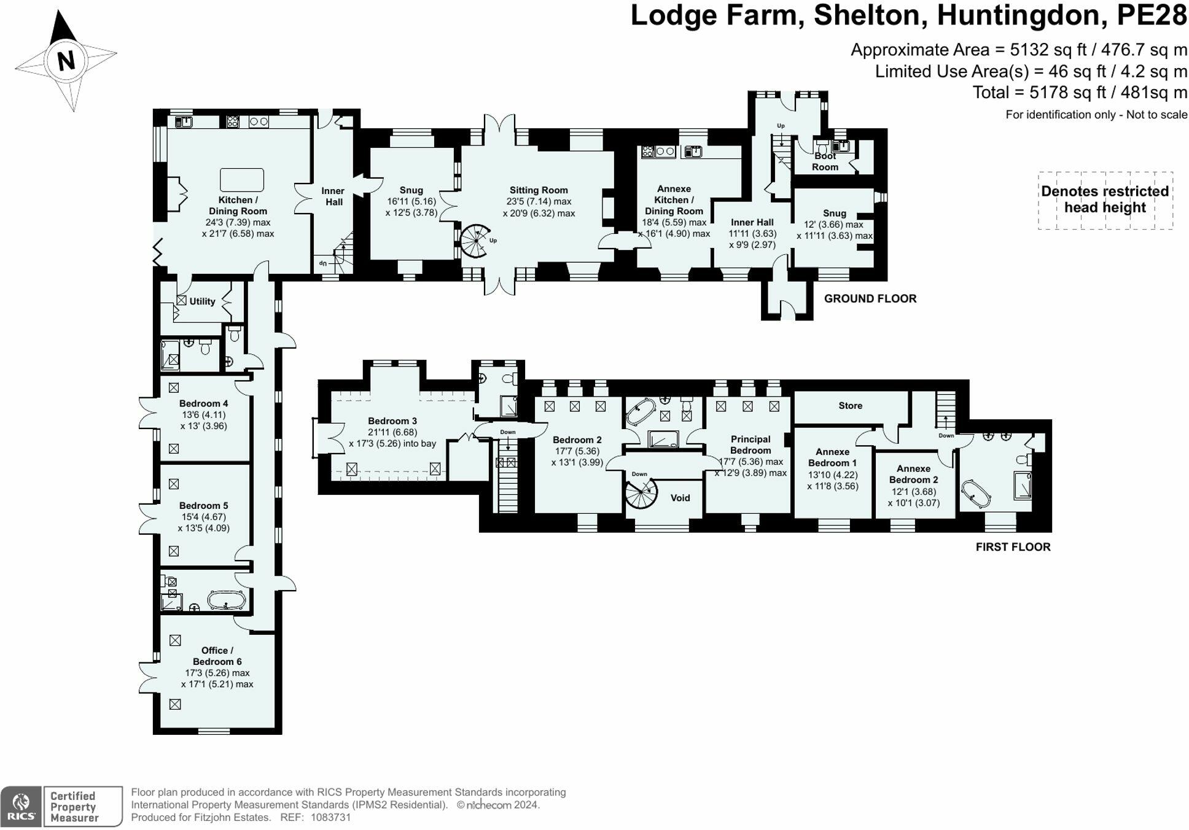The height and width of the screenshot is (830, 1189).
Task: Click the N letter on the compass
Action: [66, 60]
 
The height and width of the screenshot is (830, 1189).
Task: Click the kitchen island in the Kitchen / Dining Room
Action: [241, 180]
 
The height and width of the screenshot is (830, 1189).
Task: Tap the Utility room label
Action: [202, 301]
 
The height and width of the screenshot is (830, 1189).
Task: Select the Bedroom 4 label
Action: [203, 403]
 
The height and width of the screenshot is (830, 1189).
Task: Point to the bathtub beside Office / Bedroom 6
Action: [227, 600]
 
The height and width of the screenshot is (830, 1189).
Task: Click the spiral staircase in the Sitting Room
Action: [476, 240]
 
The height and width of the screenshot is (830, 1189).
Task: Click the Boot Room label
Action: [825, 161]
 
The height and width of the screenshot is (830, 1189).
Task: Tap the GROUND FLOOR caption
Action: [870, 298]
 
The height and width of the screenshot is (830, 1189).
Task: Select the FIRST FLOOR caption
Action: [1013, 546]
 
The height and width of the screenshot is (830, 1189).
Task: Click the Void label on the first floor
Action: [680, 498]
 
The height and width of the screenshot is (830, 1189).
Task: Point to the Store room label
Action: [850, 406]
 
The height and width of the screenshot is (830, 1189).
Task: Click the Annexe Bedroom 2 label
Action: [913, 474]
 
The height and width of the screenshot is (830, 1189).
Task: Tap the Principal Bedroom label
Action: [750, 444]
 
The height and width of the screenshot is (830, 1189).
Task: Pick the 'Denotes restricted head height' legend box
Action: [1105, 200]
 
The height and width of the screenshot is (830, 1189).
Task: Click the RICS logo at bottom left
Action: [21, 805]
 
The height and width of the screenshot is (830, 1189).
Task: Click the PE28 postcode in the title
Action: [1152, 15]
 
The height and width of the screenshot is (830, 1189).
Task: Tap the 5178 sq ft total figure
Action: [1052, 93]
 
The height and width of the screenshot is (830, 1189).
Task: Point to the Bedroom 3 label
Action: [392, 421]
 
